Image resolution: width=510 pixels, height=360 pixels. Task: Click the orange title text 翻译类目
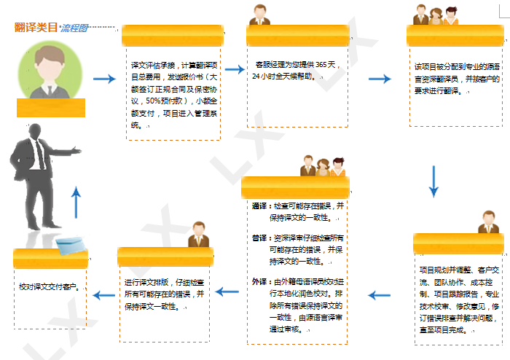[36, 28]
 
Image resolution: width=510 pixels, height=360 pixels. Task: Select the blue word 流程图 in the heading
[74, 28]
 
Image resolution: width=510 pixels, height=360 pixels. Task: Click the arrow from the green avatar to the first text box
[105, 79]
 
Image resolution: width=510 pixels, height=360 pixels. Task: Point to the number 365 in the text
[316, 65]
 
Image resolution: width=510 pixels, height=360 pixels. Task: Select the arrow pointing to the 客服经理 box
[234, 69]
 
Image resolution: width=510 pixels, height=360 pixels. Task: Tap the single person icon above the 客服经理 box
[259, 15]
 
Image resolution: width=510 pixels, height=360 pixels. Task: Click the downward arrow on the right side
[433, 181]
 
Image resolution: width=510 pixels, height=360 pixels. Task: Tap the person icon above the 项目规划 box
[487, 222]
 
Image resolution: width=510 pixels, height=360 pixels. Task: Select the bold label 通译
[259, 206]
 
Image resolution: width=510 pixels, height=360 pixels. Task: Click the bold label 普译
[259, 238]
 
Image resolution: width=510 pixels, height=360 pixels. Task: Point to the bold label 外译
[259, 281]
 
